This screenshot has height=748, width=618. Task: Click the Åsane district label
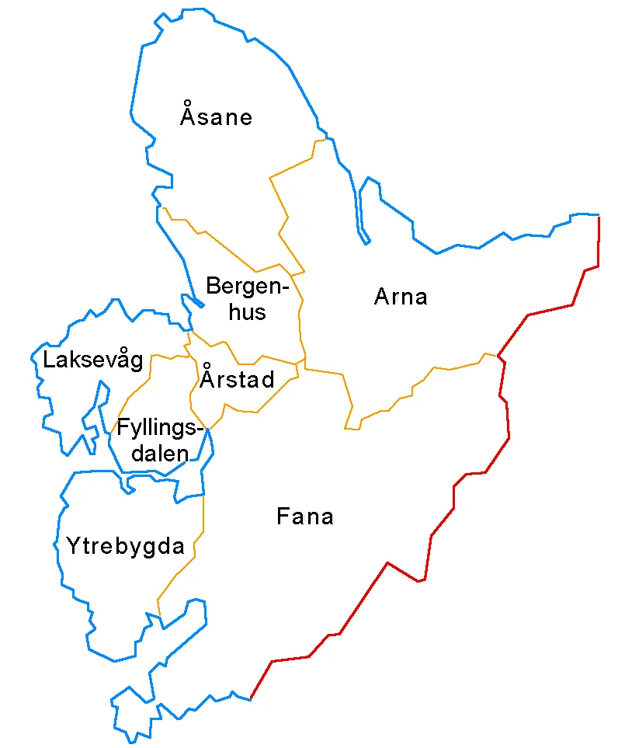click(216, 117)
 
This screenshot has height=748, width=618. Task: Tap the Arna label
click(401, 297)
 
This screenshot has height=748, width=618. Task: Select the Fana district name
click(304, 517)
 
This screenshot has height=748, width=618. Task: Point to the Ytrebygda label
click(125, 546)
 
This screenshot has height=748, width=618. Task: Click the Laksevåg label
click(93, 360)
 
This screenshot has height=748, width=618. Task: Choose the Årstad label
click(237, 380)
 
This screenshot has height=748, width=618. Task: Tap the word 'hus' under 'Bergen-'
click(247, 312)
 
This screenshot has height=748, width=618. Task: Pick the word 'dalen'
click(160, 454)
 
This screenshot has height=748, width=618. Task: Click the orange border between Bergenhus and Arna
click(300, 311)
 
